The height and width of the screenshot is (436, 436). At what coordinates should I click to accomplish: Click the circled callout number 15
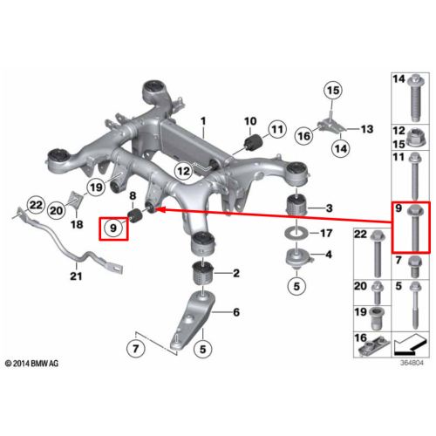[x=333, y=90]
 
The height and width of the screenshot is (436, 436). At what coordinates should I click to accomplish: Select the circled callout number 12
[x=183, y=171]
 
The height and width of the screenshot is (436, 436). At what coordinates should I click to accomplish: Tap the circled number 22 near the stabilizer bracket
[x=36, y=205]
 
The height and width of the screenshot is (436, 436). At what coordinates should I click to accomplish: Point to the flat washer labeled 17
[x=296, y=233]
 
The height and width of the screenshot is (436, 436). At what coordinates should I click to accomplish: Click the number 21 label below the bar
[x=76, y=276]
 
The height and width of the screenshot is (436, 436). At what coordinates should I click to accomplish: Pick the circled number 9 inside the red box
[x=113, y=228]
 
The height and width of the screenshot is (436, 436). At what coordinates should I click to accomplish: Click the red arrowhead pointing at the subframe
[x=161, y=209]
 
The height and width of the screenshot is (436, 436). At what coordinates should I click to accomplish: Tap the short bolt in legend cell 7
[x=415, y=266]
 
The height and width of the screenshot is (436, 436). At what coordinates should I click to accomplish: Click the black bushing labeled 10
[x=254, y=141]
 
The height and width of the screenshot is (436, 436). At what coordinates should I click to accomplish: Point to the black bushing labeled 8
[x=134, y=215]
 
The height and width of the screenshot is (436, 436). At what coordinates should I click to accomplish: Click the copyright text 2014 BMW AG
[x=32, y=364]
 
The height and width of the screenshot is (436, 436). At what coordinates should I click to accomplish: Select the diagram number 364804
[x=412, y=363]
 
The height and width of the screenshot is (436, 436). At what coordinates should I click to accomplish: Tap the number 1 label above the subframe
[x=203, y=121]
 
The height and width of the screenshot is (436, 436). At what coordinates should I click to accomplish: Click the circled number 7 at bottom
[x=136, y=349]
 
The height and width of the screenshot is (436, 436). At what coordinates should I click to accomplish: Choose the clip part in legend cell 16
[x=375, y=347]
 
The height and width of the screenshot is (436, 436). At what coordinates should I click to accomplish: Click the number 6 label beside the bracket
[x=236, y=312]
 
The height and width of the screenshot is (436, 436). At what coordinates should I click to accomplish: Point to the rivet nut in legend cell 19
[x=377, y=318]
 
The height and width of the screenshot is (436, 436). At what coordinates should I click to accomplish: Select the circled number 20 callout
[x=57, y=210]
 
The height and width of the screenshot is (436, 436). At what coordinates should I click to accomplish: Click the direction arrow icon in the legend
[x=410, y=344]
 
